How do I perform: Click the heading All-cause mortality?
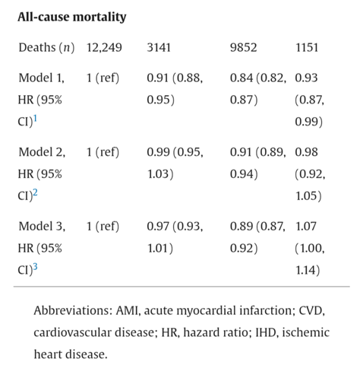(x=72, y=17)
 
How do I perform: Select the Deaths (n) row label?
(x=46, y=48)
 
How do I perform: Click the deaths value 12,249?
(x=104, y=48)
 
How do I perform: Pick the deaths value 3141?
(x=159, y=48)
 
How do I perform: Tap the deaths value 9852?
(x=243, y=48)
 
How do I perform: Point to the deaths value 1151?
(x=307, y=48)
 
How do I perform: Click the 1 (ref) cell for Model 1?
(x=103, y=78)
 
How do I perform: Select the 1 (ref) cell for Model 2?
(x=103, y=152)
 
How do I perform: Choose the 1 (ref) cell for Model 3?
(x=103, y=226)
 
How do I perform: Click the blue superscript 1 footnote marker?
(x=35, y=119)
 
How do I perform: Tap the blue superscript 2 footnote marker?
(x=35, y=192)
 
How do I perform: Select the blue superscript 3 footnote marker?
(x=35, y=267)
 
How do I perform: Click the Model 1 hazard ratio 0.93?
(x=306, y=78)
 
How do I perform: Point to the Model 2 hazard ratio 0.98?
(x=306, y=152)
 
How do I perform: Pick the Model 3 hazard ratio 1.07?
(x=306, y=226)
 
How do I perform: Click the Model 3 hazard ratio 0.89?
(x=242, y=226)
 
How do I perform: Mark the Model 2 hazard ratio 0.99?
(x=158, y=152)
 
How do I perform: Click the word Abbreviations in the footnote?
(x=73, y=310)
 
